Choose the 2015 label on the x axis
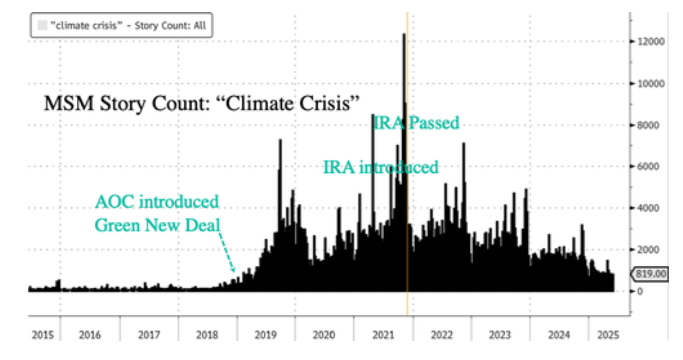tap(43, 335)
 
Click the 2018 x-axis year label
tap(207, 335)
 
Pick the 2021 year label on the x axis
tap(382, 335)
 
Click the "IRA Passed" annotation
tap(416, 123)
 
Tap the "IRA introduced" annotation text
tap(380, 167)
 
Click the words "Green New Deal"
tap(157, 225)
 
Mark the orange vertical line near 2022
tap(407, 305)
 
